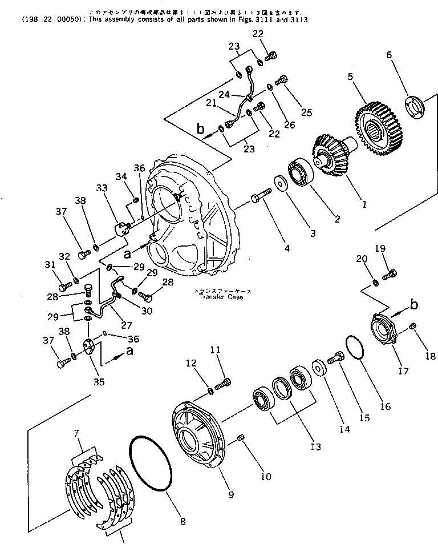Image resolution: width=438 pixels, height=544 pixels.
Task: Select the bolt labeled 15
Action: [x=336, y=360]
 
